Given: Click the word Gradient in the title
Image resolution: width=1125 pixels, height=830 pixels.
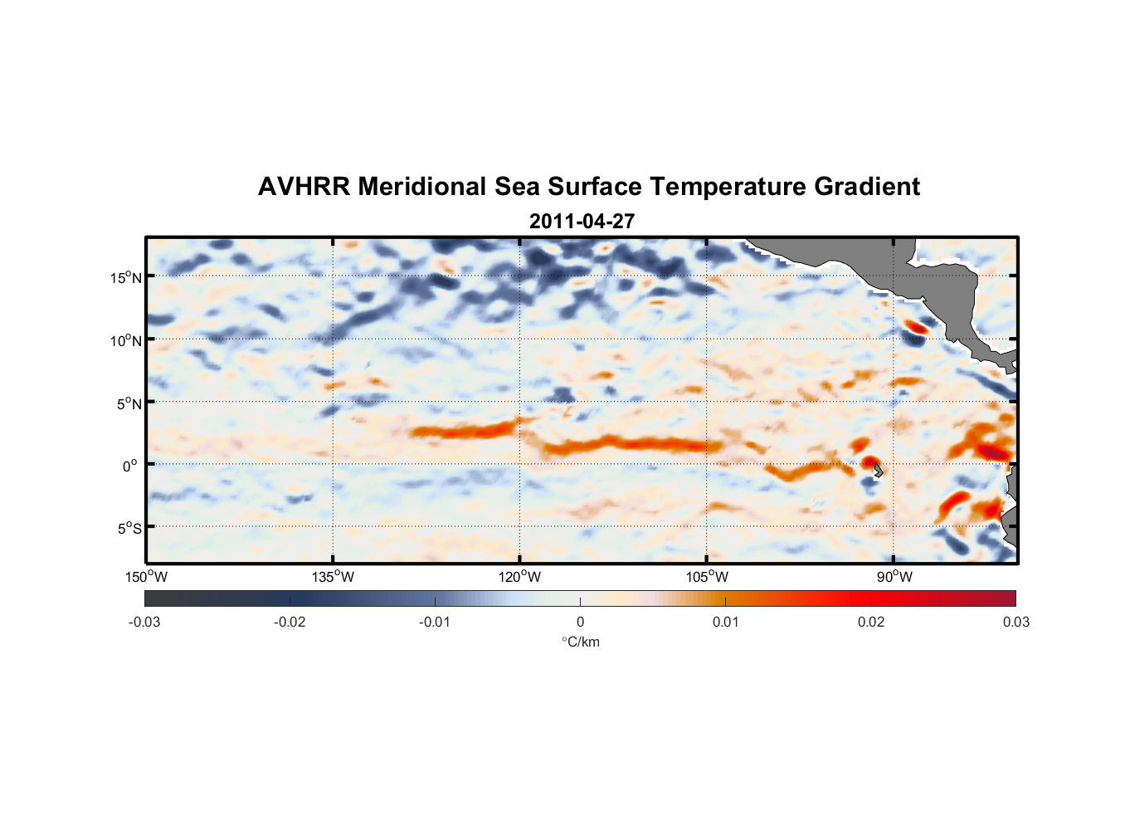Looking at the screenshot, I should click(x=867, y=187).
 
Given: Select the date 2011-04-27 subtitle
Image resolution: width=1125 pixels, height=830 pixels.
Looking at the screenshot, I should click(x=582, y=222).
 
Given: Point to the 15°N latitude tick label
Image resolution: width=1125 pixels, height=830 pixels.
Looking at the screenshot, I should click(x=126, y=277).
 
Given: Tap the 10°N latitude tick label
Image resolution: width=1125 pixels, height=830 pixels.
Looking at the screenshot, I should click(x=126, y=340).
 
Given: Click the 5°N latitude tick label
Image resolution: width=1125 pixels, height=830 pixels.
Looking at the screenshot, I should click(x=129, y=403).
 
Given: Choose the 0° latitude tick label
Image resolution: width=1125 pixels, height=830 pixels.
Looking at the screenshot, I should click(x=130, y=466).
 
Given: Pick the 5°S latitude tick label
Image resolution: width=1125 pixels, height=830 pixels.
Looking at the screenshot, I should click(x=129, y=529).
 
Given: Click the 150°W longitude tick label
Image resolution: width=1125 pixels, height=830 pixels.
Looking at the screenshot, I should click(x=147, y=577).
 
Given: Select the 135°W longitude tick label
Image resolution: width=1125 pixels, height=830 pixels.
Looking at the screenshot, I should click(x=334, y=577).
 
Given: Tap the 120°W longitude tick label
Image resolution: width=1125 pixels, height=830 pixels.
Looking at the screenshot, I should click(x=520, y=577).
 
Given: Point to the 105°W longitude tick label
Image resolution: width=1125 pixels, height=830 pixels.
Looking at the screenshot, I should click(x=707, y=577).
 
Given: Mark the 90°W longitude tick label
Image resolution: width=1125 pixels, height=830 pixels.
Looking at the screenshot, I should click(x=894, y=577).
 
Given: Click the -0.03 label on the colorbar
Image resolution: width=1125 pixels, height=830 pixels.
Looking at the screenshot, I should click(x=144, y=622).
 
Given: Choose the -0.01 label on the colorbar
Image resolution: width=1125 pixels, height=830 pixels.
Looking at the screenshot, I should click(x=435, y=622).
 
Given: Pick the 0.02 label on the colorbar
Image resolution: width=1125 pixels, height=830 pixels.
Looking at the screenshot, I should click(x=871, y=622).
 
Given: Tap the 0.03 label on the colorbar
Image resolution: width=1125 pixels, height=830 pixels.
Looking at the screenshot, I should click(x=1015, y=622).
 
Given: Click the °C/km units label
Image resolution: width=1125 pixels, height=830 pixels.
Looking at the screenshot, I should click(x=581, y=642).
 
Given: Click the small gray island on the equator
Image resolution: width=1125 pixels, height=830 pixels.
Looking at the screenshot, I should click(x=878, y=471).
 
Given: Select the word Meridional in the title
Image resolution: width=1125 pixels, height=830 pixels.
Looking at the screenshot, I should click(x=422, y=187).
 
